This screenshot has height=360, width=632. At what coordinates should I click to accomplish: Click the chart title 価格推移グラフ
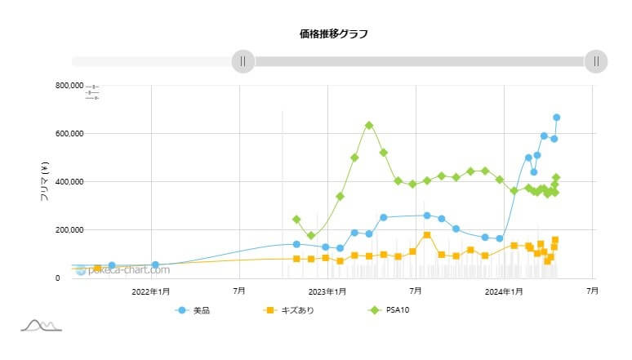point(333,34)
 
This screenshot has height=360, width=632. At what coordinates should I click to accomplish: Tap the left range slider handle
point(243,61)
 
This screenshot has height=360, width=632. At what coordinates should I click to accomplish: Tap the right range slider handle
point(596,61)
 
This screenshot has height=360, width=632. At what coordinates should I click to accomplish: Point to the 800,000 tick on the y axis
point(46,85)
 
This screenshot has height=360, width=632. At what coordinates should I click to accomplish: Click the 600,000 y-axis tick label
point(46,133)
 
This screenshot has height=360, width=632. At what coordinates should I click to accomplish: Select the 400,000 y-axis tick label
point(46,181)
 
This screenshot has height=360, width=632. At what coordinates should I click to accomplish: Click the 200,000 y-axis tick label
point(46,229)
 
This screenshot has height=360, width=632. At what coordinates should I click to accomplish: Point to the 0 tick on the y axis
point(57,278)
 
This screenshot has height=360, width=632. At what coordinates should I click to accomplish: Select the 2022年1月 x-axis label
point(151,291)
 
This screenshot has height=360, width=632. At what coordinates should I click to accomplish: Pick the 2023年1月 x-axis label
point(328,291)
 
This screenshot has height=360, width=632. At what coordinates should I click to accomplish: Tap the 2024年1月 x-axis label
point(504,291)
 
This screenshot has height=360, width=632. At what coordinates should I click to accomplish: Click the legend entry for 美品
point(194,310)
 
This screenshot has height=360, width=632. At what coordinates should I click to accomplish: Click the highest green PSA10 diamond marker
point(369,125)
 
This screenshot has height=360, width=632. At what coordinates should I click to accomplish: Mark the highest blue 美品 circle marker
point(556,118)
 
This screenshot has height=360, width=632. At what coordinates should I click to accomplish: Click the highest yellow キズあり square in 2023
point(427,235)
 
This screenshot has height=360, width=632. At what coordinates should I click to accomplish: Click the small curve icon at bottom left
point(41,326)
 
